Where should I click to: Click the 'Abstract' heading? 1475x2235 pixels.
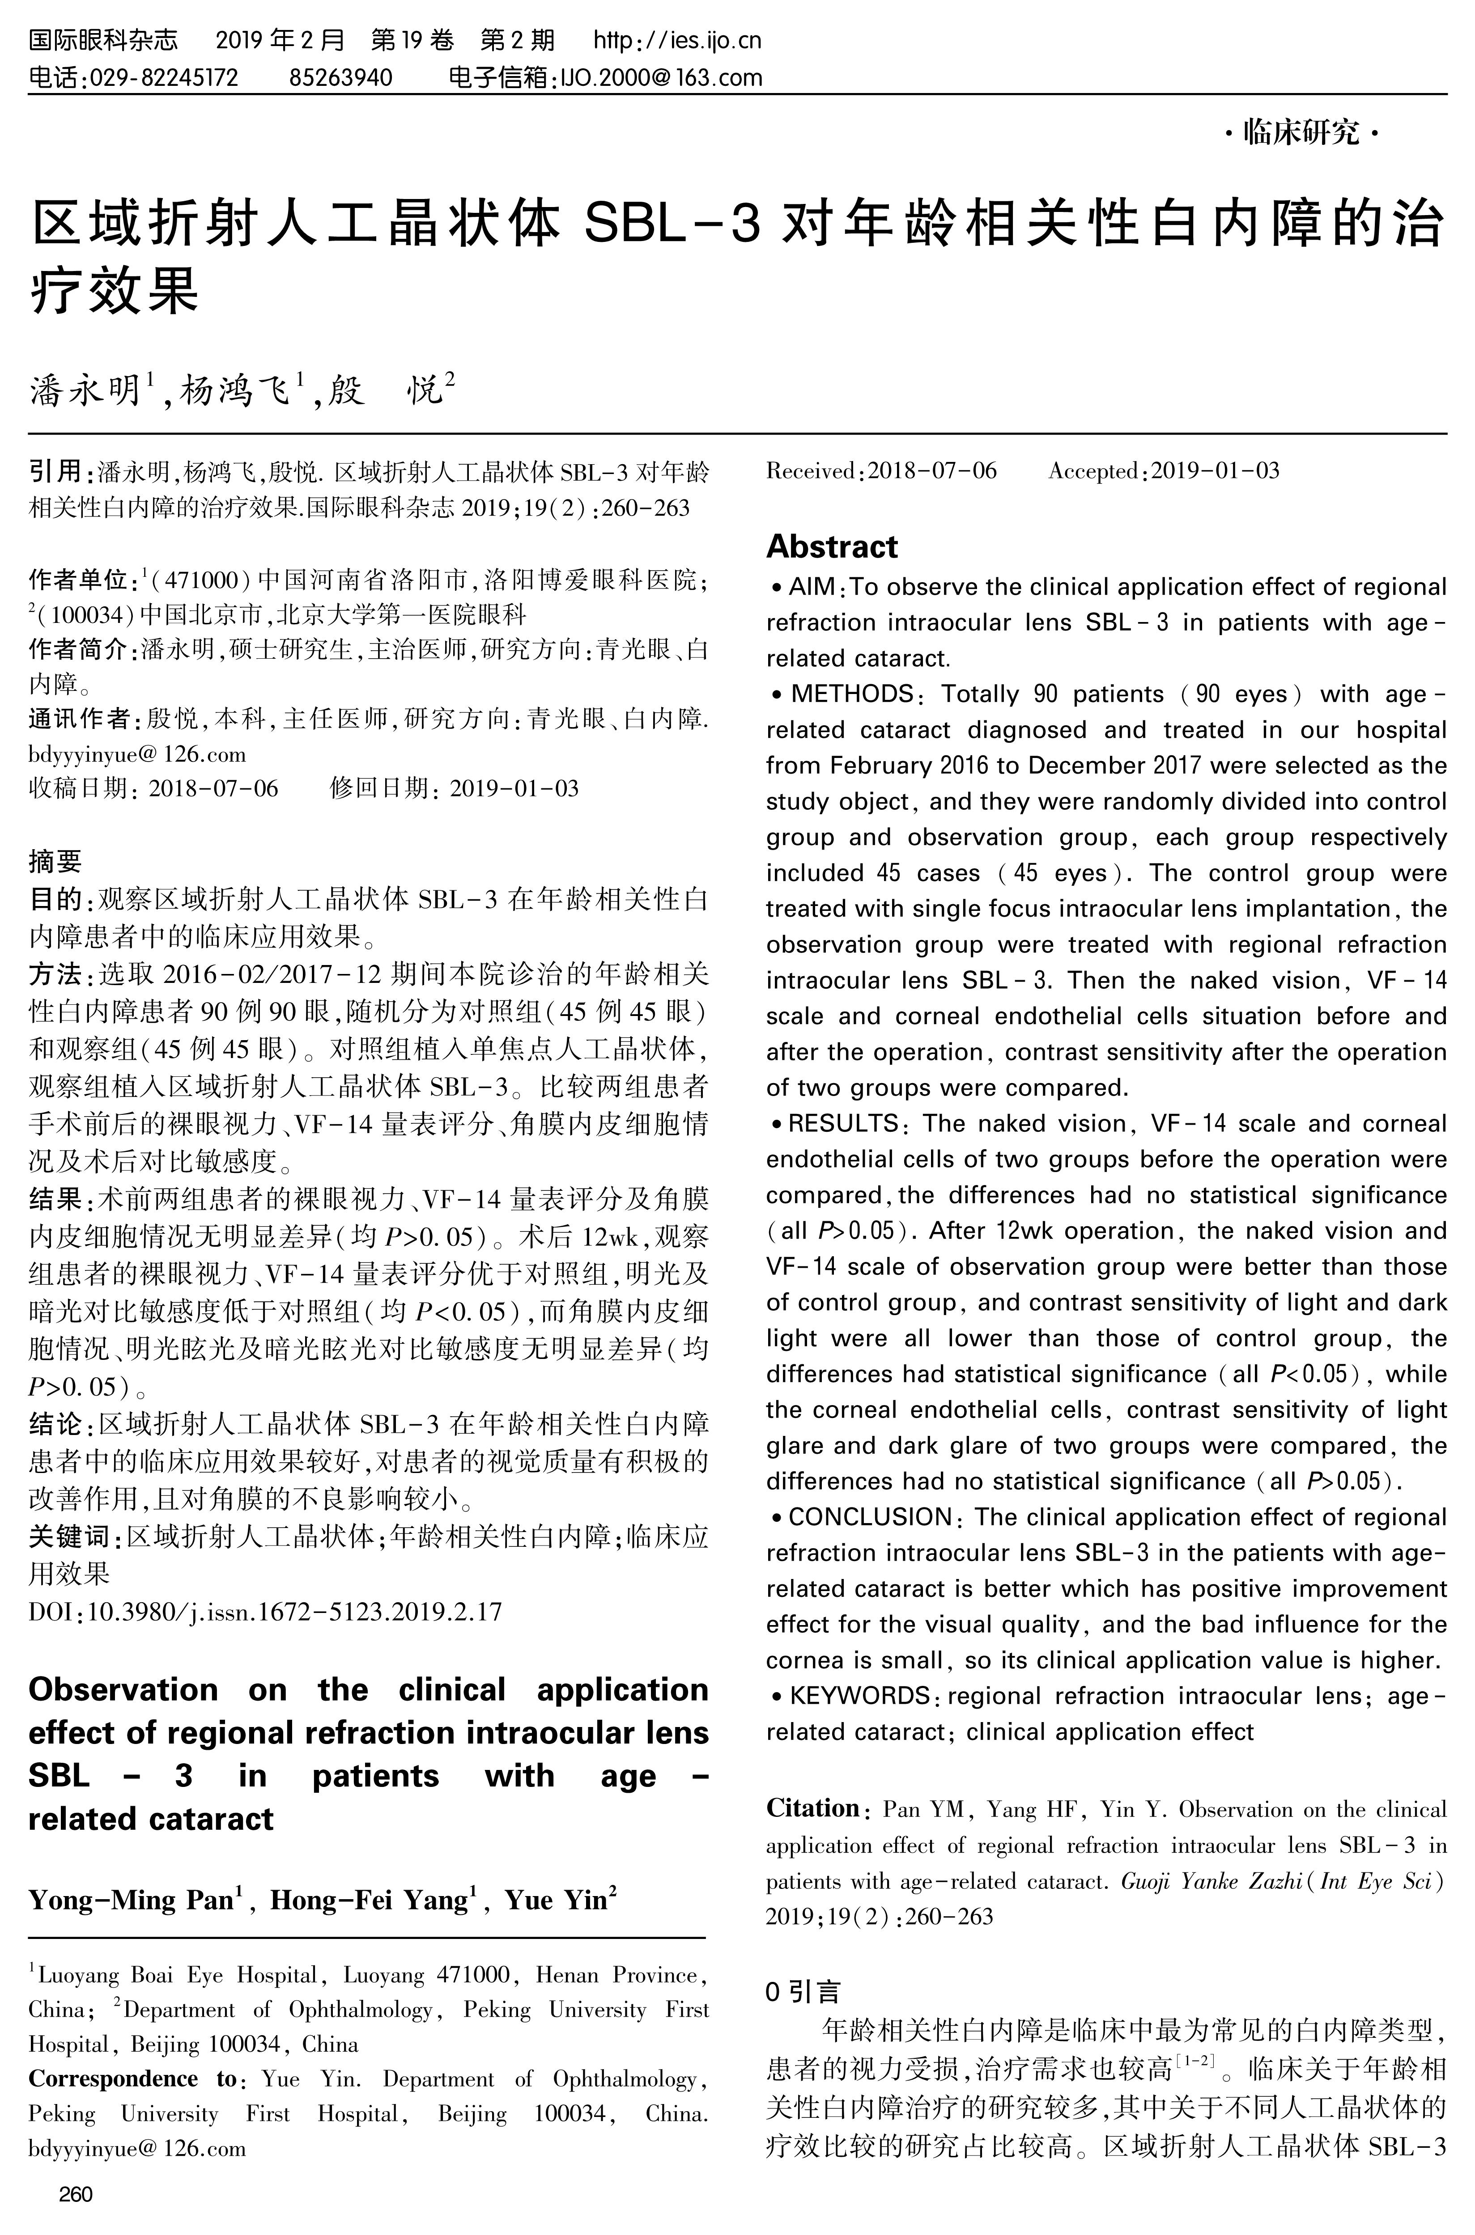pyautogui.click(x=832, y=546)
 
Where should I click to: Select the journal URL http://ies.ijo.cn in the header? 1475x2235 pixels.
pyautogui.click(x=677, y=40)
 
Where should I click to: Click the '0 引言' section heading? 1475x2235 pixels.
pyautogui.click(x=803, y=1990)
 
